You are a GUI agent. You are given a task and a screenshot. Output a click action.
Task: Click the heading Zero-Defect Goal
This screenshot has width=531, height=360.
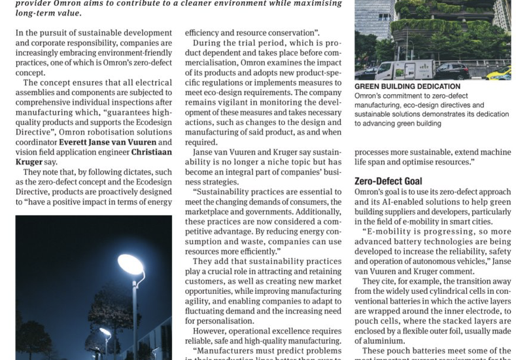tap(388, 181)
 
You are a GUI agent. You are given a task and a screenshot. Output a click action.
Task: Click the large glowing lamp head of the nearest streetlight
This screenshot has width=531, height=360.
tap(131, 264)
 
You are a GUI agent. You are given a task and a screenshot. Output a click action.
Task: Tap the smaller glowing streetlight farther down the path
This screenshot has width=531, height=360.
tap(105, 333)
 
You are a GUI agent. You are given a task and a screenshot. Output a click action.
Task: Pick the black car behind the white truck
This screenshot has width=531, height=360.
tap(451, 70)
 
